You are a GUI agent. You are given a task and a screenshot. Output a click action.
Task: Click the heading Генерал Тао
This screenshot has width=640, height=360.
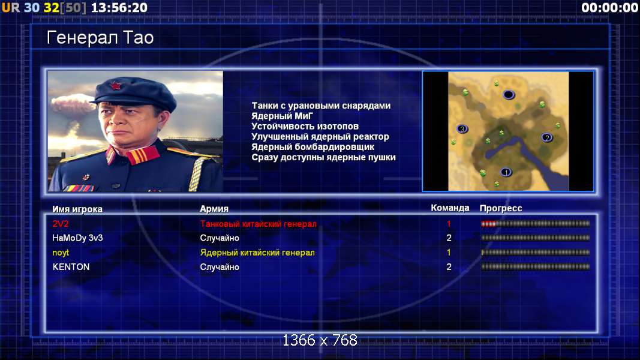(x=100, y=38)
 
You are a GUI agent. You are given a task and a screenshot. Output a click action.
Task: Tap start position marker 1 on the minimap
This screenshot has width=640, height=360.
(x=506, y=172)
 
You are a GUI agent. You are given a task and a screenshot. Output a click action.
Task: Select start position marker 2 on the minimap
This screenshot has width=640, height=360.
(x=547, y=137)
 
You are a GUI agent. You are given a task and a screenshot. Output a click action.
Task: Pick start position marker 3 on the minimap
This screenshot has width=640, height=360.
(x=462, y=129)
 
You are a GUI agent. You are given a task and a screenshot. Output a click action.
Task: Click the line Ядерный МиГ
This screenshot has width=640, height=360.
(x=282, y=116)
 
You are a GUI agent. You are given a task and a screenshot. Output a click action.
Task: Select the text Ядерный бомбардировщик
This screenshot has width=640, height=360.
(x=313, y=147)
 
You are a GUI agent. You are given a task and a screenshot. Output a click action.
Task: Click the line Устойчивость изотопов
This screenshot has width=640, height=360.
(x=305, y=127)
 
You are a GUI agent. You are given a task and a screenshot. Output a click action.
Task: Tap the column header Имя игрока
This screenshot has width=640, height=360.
(x=77, y=209)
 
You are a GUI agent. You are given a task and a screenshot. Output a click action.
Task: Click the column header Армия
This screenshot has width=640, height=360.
(x=214, y=209)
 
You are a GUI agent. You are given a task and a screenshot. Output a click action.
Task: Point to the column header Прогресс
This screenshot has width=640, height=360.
(x=501, y=208)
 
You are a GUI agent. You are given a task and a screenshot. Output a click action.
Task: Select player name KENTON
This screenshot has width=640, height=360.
(x=71, y=267)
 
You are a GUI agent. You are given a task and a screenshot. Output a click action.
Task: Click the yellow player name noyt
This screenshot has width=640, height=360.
(x=61, y=253)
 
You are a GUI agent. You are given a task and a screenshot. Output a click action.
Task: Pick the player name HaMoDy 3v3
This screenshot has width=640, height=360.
(x=77, y=238)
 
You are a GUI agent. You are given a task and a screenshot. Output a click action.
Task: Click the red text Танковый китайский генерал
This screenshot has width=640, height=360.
(x=259, y=224)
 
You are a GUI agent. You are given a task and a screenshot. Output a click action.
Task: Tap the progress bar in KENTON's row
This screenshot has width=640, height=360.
(x=536, y=267)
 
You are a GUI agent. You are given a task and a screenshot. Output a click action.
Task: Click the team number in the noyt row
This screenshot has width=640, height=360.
(x=449, y=253)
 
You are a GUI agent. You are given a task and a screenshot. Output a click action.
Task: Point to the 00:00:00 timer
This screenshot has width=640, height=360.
(x=610, y=7)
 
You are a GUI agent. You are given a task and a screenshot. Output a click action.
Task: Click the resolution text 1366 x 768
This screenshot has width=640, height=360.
(x=320, y=340)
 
